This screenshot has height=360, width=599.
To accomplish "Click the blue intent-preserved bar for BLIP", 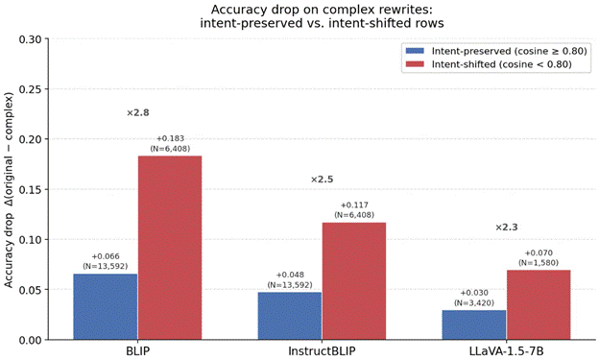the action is tap(106, 306).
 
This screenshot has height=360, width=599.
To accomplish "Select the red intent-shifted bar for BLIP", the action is tap(170, 248).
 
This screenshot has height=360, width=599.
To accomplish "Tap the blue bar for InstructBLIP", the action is tap(290, 316).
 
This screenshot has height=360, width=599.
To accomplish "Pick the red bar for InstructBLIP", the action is tap(354, 281).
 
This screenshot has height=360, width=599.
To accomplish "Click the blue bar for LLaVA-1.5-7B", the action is tap(474, 324).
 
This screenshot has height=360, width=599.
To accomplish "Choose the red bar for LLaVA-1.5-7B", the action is tap(539, 304).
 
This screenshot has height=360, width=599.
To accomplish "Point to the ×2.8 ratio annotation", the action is tap(138, 112).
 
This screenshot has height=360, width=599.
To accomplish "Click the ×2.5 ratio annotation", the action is tap(322, 180).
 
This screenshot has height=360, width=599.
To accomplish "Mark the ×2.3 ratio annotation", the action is tap(507, 228).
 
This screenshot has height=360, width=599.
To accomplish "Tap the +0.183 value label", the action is tap(170, 138).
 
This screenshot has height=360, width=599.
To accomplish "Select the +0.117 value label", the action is tap(354, 205).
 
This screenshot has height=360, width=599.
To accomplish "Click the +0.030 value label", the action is tap(474, 293).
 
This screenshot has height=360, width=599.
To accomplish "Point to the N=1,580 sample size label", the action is tap(539, 263).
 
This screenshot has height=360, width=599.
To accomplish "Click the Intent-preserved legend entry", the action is tap(496, 51).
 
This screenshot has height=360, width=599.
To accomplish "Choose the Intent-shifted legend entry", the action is tap(489, 64).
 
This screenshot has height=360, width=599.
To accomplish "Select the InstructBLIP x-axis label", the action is tap(322, 350).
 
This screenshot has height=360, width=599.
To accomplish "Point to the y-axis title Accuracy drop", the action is tap(9, 254).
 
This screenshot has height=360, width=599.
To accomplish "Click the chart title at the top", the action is tap(322, 16).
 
